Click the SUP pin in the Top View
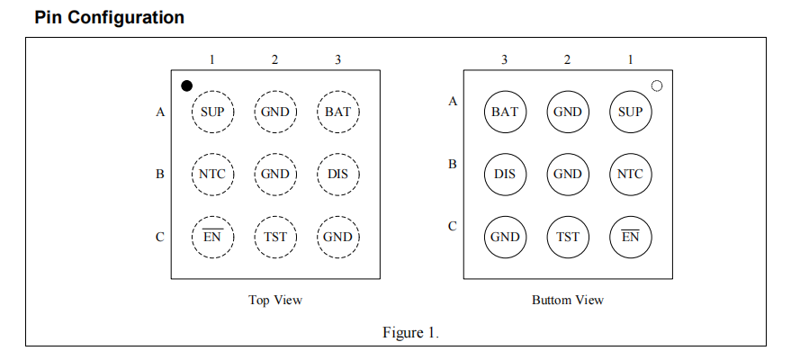point(212,112)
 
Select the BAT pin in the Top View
point(338,112)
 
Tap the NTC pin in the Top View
point(212,175)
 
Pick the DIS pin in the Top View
point(338,175)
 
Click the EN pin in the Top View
point(212,237)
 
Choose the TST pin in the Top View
point(275,237)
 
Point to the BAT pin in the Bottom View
point(505,112)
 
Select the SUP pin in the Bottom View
point(631,112)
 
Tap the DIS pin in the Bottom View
point(505,175)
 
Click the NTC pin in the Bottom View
point(631,175)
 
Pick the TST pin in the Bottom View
point(568,237)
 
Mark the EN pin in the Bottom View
point(631,237)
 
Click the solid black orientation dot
point(186,85)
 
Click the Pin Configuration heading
point(110,18)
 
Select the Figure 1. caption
point(410,333)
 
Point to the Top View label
point(275,301)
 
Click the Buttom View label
point(568,301)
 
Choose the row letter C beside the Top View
point(160,237)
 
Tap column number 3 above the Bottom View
point(505,60)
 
